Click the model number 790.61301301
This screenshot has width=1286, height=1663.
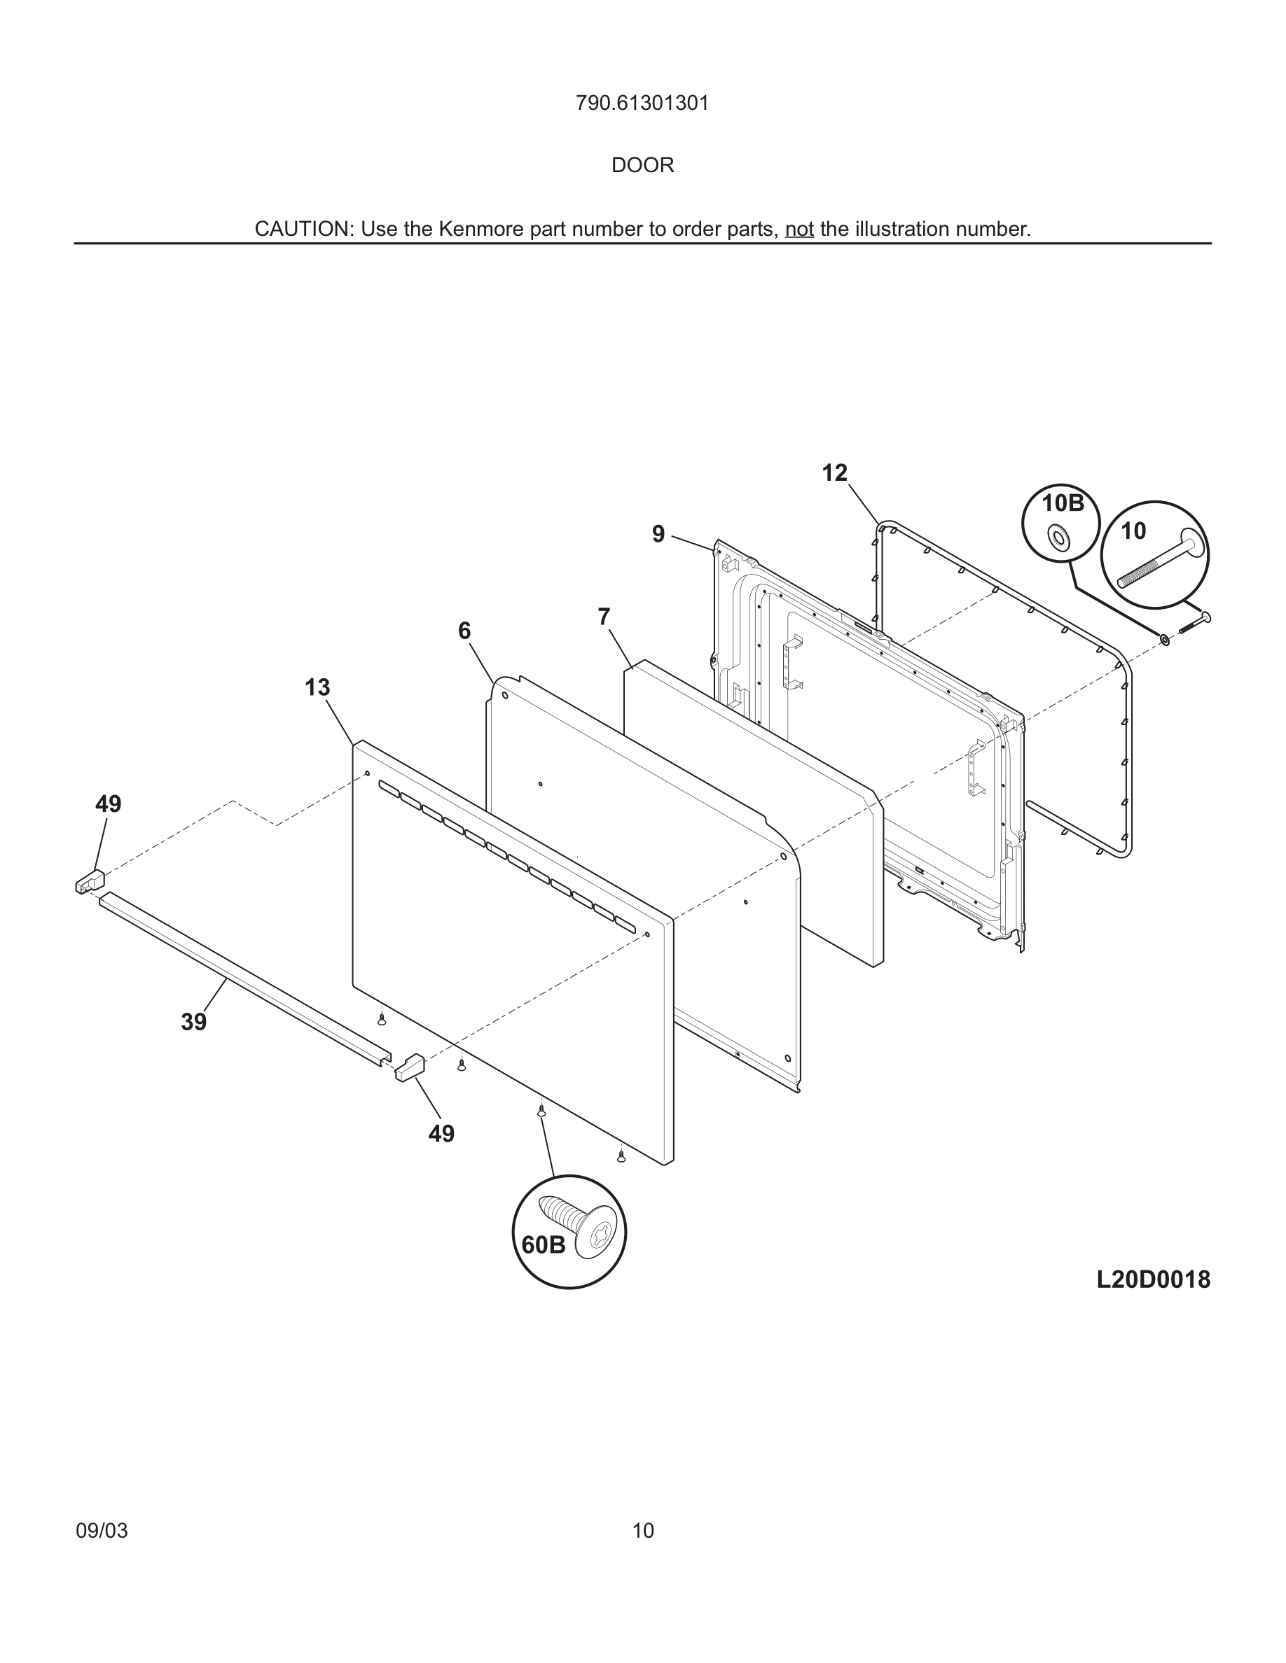coord(642,104)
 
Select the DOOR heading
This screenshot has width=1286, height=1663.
coord(642,165)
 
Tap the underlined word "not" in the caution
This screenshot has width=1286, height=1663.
coord(799,229)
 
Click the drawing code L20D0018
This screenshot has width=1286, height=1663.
coord(1153,1280)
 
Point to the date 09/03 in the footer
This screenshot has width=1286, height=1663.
coord(102,1531)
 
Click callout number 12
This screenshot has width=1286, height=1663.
coord(834,474)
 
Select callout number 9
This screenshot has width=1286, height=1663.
coord(658,535)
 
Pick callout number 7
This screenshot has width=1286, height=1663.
coord(604,617)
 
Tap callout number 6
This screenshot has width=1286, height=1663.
coord(464,631)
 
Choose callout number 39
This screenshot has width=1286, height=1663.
coord(193,1022)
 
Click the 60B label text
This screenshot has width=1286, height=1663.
coord(544,1245)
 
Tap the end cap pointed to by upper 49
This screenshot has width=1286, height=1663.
coord(90,881)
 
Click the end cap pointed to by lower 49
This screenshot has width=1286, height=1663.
coord(409,1067)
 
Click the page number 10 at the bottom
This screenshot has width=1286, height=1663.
coord(643,1531)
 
